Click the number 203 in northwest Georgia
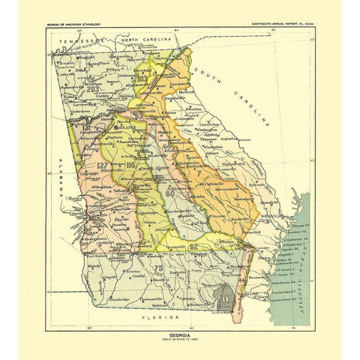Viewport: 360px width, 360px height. (x=93, y=90)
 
